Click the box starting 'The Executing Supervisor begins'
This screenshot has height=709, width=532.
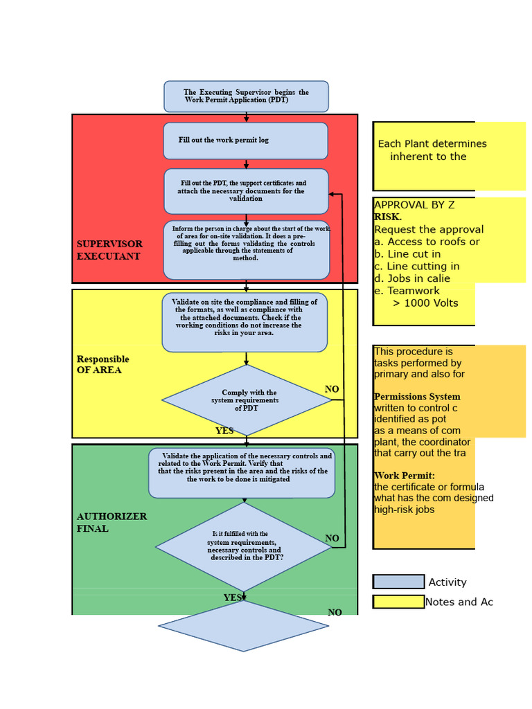[x=246, y=96]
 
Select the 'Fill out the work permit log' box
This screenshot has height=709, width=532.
[x=245, y=141]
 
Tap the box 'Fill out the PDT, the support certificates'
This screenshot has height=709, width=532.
[x=246, y=191]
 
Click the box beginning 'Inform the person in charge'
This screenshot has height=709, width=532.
[x=246, y=250]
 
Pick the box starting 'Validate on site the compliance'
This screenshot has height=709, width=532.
[x=245, y=322]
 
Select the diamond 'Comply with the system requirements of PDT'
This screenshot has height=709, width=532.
[x=246, y=400]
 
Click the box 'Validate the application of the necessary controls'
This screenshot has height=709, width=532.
[x=241, y=473]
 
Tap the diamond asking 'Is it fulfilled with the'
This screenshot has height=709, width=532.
[x=244, y=546]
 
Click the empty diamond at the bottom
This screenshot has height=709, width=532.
[x=243, y=626]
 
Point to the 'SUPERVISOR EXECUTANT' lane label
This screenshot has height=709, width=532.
[x=109, y=250]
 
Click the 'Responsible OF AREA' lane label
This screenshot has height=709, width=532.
[x=103, y=364]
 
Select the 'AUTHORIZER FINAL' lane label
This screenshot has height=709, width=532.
[x=102, y=522]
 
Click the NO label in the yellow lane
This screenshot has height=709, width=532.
[x=332, y=389]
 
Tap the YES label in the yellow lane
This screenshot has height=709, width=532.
[x=224, y=431]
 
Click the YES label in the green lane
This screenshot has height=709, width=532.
[x=233, y=598]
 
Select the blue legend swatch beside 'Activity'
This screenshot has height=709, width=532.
[x=398, y=582]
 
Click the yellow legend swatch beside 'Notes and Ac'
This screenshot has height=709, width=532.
[x=398, y=602]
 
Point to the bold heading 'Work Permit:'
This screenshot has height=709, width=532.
[x=405, y=476]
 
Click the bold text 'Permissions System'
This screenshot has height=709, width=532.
[x=417, y=397]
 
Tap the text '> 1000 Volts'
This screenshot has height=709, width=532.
[x=425, y=303]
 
